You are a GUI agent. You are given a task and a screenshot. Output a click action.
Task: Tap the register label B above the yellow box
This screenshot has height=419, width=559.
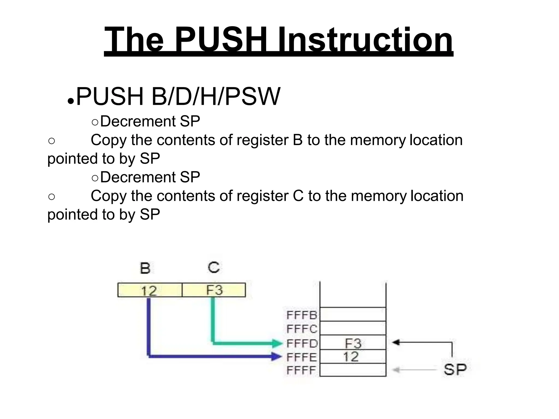[x=145, y=268]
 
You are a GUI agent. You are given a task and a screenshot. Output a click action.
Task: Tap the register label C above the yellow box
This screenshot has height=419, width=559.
[x=213, y=267]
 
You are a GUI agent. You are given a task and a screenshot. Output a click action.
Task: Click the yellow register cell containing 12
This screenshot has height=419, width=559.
[x=150, y=290]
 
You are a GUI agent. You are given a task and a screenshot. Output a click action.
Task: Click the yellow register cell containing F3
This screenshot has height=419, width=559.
[x=214, y=290]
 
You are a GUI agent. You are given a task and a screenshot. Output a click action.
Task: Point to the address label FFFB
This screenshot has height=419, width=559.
[x=301, y=315]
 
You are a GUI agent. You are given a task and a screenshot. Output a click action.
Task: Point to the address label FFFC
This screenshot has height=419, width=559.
[x=302, y=329]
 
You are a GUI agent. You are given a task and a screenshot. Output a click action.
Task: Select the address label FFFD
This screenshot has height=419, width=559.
[x=302, y=343]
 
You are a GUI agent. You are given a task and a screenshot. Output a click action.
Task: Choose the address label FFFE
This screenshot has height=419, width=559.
[x=302, y=357]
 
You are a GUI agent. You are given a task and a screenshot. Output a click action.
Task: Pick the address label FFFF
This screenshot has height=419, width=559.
[x=301, y=370]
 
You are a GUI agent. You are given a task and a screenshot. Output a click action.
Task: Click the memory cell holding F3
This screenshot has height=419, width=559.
[x=353, y=343]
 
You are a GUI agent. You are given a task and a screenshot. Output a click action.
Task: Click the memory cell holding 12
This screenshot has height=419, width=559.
[x=353, y=357]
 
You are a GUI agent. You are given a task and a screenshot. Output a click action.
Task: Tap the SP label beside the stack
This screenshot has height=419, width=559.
[x=455, y=370]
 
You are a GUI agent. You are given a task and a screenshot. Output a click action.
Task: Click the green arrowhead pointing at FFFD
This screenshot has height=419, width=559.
[x=278, y=343]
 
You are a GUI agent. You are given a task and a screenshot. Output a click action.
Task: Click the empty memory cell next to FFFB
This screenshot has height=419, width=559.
[x=353, y=314]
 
